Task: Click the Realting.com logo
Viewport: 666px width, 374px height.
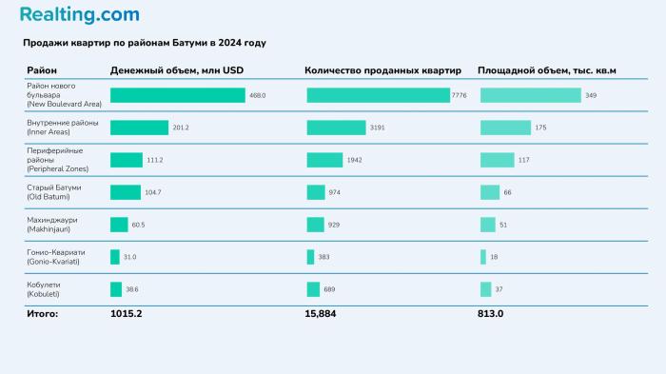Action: (x=79, y=15)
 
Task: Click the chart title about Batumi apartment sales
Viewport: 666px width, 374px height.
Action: (x=145, y=44)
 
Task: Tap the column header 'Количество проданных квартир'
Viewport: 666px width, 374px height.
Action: (x=382, y=71)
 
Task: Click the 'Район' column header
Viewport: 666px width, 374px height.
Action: (x=42, y=71)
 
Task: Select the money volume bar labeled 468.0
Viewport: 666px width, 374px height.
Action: (x=177, y=95)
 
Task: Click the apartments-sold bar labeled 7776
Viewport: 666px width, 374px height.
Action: (x=378, y=95)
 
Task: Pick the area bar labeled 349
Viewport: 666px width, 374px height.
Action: (x=530, y=95)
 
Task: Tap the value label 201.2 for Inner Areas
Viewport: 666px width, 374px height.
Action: (x=181, y=128)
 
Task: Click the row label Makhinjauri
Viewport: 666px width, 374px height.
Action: (x=51, y=225)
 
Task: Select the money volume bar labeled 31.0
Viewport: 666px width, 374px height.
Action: (x=115, y=257)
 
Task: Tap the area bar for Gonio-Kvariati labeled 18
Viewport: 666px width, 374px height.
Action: (x=483, y=257)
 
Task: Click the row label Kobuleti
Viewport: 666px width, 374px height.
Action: (x=46, y=289)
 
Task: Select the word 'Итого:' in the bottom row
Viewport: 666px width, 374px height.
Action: (x=42, y=313)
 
